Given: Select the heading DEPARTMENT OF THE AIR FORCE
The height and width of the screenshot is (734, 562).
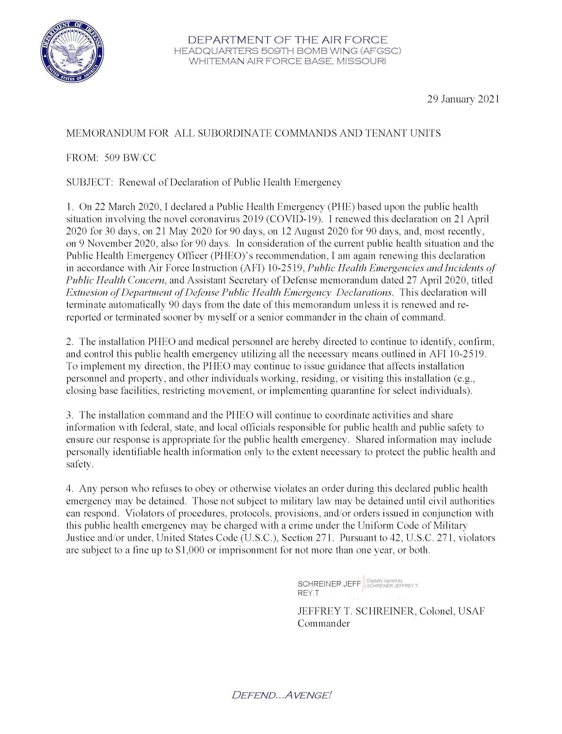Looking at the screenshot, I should (x=287, y=40).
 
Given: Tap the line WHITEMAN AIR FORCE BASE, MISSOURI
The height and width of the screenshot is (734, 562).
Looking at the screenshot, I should (x=287, y=61).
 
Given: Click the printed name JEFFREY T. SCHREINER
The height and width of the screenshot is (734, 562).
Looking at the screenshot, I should (x=350, y=612).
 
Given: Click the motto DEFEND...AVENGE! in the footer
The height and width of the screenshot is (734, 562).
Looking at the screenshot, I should (x=282, y=695).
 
